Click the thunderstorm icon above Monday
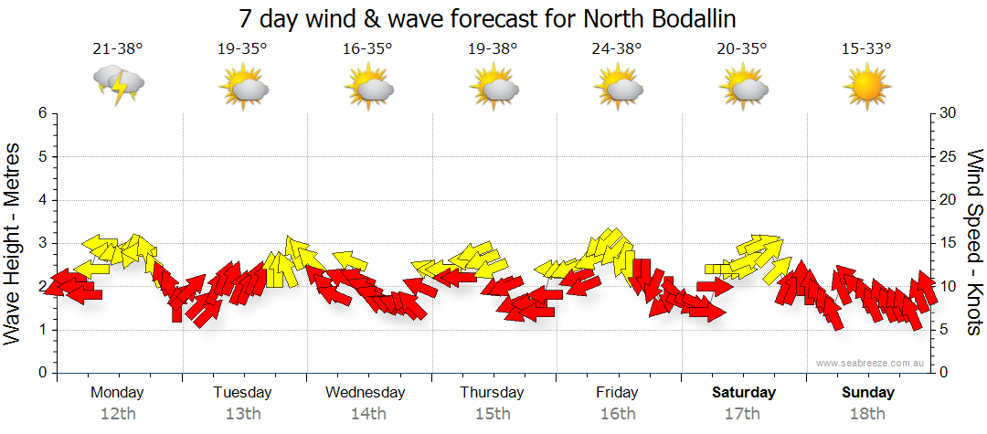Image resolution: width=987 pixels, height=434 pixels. pyautogui.click(x=119, y=86)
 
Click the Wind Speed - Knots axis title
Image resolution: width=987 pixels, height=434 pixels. pyautogui.click(x=973, y=242)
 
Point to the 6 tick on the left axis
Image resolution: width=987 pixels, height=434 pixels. pyautogui.click(x=41, y=113)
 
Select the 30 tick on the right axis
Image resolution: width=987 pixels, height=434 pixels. pyautogui.click(x=948, y=113)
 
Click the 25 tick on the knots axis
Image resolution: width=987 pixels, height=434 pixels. pyautogui.click(x=948, y=156)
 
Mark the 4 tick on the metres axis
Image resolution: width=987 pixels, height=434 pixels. pyautogui.click(x=41, y=200)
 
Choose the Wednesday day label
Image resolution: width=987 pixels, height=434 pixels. pyautogui.click(x=366, y=393)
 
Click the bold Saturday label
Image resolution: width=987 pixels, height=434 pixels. pyautogui.click(x=743, y=393)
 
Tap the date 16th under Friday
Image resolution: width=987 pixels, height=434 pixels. pyautogui.click(x=617, y=414)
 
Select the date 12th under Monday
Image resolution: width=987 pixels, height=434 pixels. pyautogui.click(x=118, y=414)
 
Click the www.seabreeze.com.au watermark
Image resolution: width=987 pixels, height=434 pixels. pyautogui.click(x=870, y=364)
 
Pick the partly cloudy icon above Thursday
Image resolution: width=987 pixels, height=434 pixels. pyautogui.click(x=494, y=88)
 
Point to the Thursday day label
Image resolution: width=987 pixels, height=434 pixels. pyautogui.click(x=492, y=393)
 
